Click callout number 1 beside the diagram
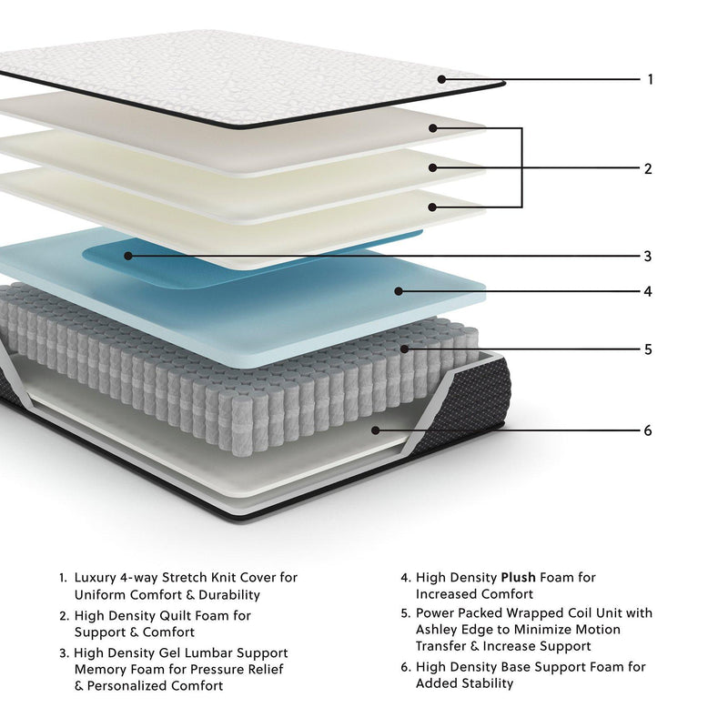pos(650,79)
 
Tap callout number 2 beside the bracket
pos(648,168)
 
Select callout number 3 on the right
pos(648,256)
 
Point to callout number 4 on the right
pos(648,292)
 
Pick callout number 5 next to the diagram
pos(648,349)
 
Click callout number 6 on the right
pos(648,430)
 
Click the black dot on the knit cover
pos(441,79)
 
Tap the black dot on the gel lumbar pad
pos(128,256)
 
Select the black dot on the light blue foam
pos(398,292)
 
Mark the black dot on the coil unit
pos(401,349)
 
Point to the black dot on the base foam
pos(374,430)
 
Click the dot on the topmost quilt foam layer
pos(434,128)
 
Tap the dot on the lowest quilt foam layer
pos(434,207)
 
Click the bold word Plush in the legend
pos(518,577)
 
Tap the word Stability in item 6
pos(489,683)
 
